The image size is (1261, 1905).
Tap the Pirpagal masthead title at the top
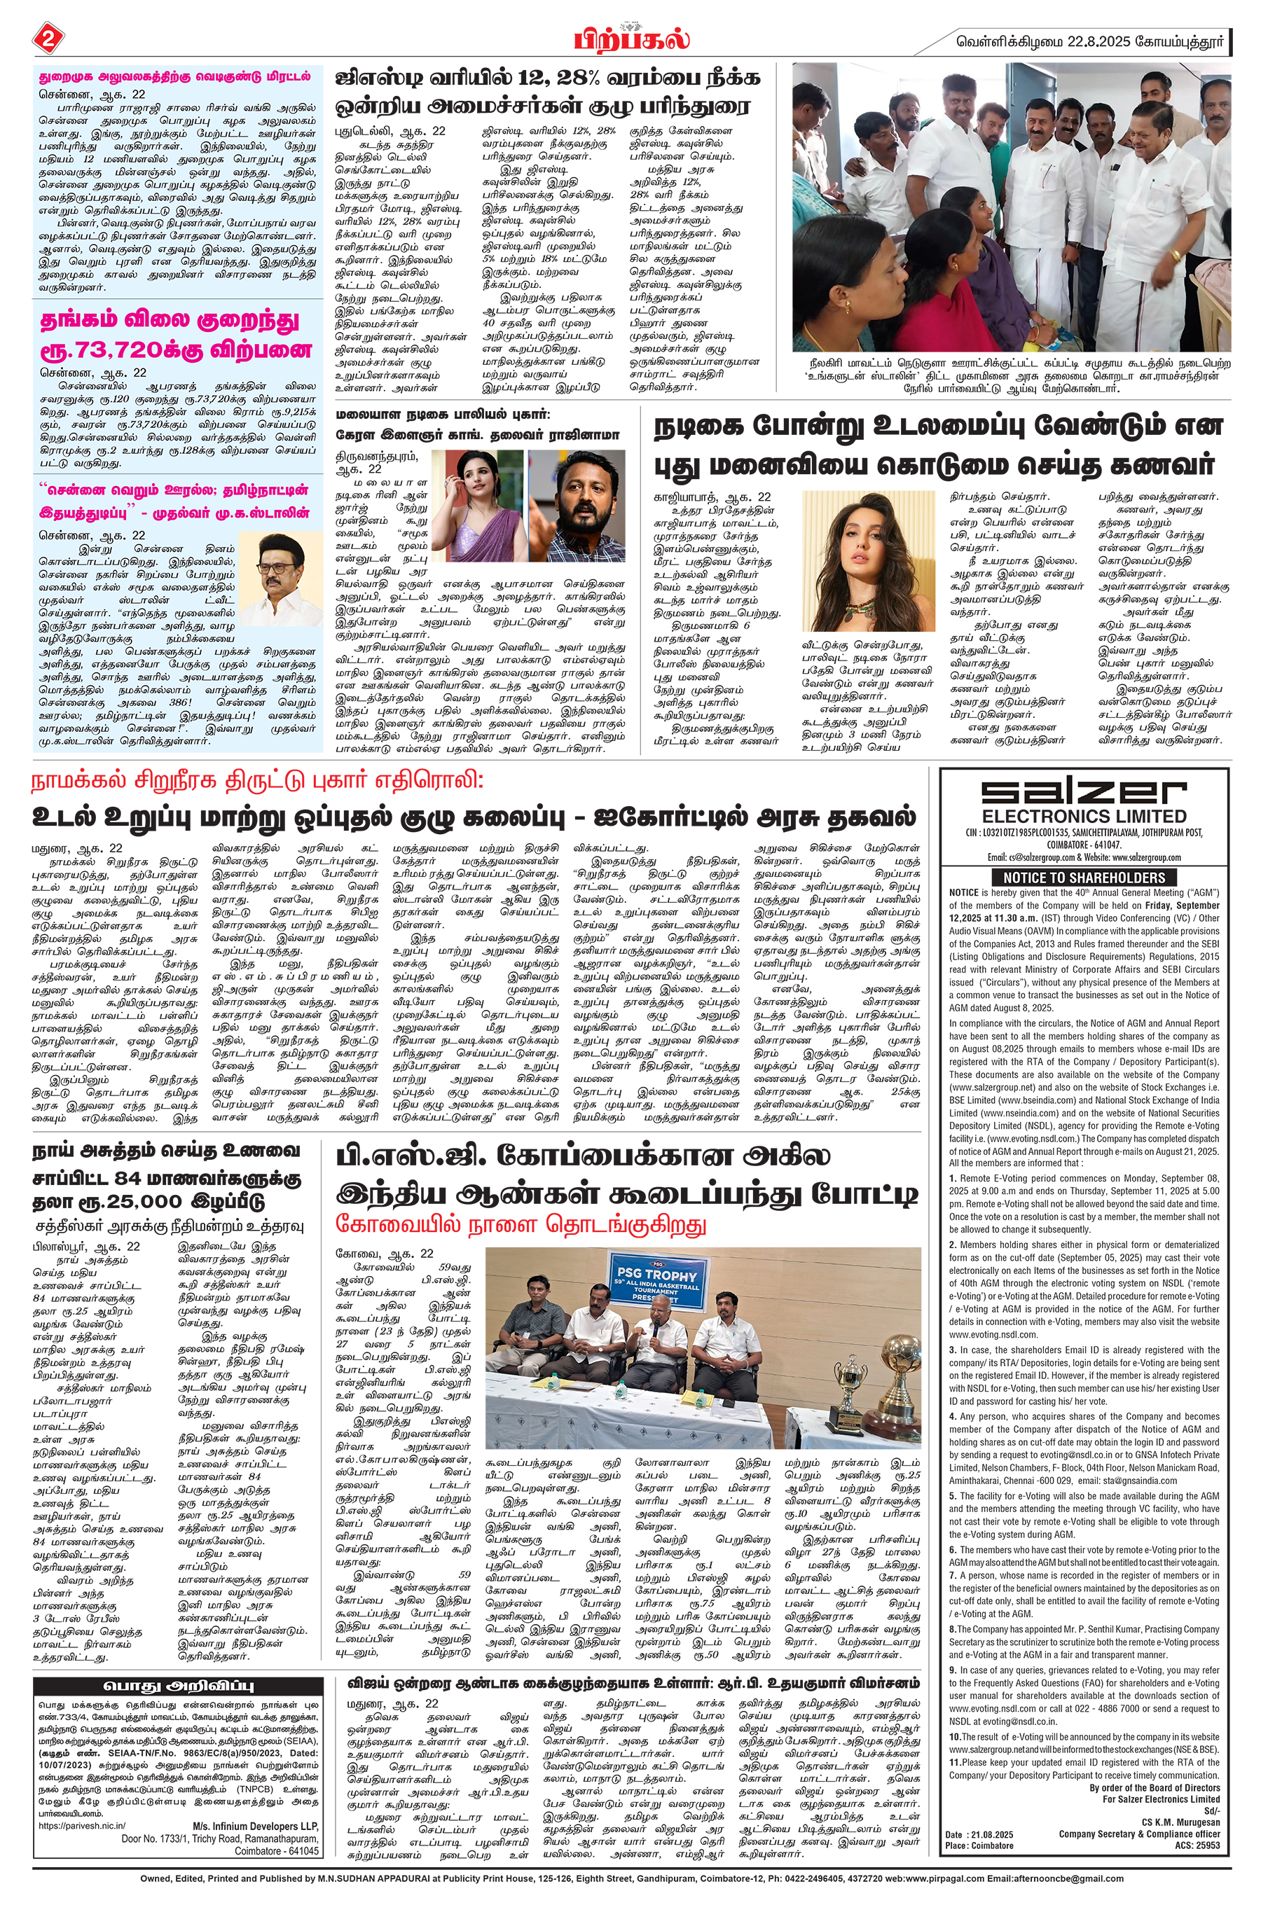(631, 39)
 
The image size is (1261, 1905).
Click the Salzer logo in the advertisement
(1083, 793)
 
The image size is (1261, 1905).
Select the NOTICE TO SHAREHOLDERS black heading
(1083, 878)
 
